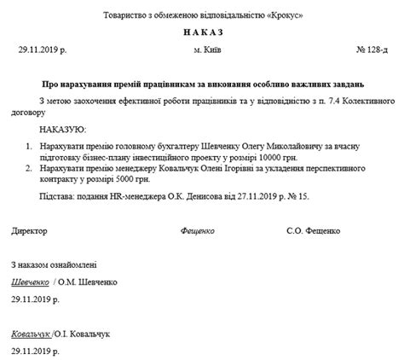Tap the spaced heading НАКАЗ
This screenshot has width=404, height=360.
203,32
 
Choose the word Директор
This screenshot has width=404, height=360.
30,231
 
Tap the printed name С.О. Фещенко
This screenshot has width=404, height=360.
317,231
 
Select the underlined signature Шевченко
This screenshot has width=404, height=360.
30,282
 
